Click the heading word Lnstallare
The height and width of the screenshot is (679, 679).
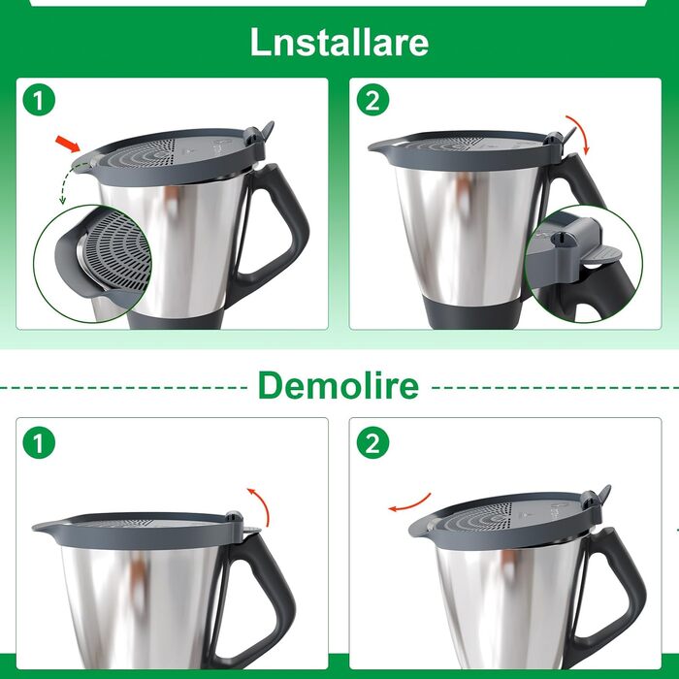tap(339, 42)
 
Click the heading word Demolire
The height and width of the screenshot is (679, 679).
tap(338, 385)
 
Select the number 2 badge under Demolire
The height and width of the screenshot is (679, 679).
tap(372, 443)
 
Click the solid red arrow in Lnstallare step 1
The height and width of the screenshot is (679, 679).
tap(67, 145)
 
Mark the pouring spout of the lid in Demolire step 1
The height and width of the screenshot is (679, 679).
tap(43, 529)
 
